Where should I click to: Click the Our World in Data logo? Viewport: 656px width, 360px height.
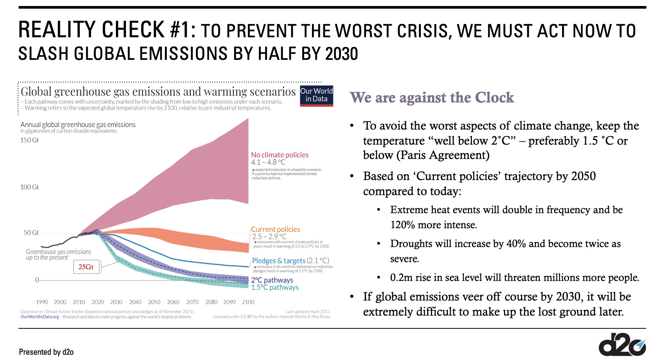316,96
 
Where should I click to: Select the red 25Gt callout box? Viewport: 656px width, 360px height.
86,267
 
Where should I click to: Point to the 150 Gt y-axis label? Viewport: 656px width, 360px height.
29,140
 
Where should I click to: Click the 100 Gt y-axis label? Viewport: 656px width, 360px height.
29,187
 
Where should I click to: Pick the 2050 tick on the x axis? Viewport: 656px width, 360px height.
154,302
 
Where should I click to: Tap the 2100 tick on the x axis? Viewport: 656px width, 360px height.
248,302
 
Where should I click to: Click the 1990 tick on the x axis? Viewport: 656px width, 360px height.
42,302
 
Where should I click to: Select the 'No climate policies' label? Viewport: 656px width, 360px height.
280,155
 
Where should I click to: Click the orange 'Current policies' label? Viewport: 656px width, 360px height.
275,229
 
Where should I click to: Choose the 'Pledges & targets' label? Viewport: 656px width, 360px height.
279,261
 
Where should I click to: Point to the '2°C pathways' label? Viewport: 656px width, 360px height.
272,280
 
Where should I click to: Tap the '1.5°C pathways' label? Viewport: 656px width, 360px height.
275,287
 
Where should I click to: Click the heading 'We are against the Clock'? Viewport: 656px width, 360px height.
432,98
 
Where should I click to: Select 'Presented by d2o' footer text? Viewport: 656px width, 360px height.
46,352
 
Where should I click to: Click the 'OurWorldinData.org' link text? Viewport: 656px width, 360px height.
40,317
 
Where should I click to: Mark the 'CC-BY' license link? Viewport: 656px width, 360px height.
247,317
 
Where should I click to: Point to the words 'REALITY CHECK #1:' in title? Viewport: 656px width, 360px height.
107,30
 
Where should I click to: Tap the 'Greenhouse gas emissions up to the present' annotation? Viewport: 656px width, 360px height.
58,255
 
